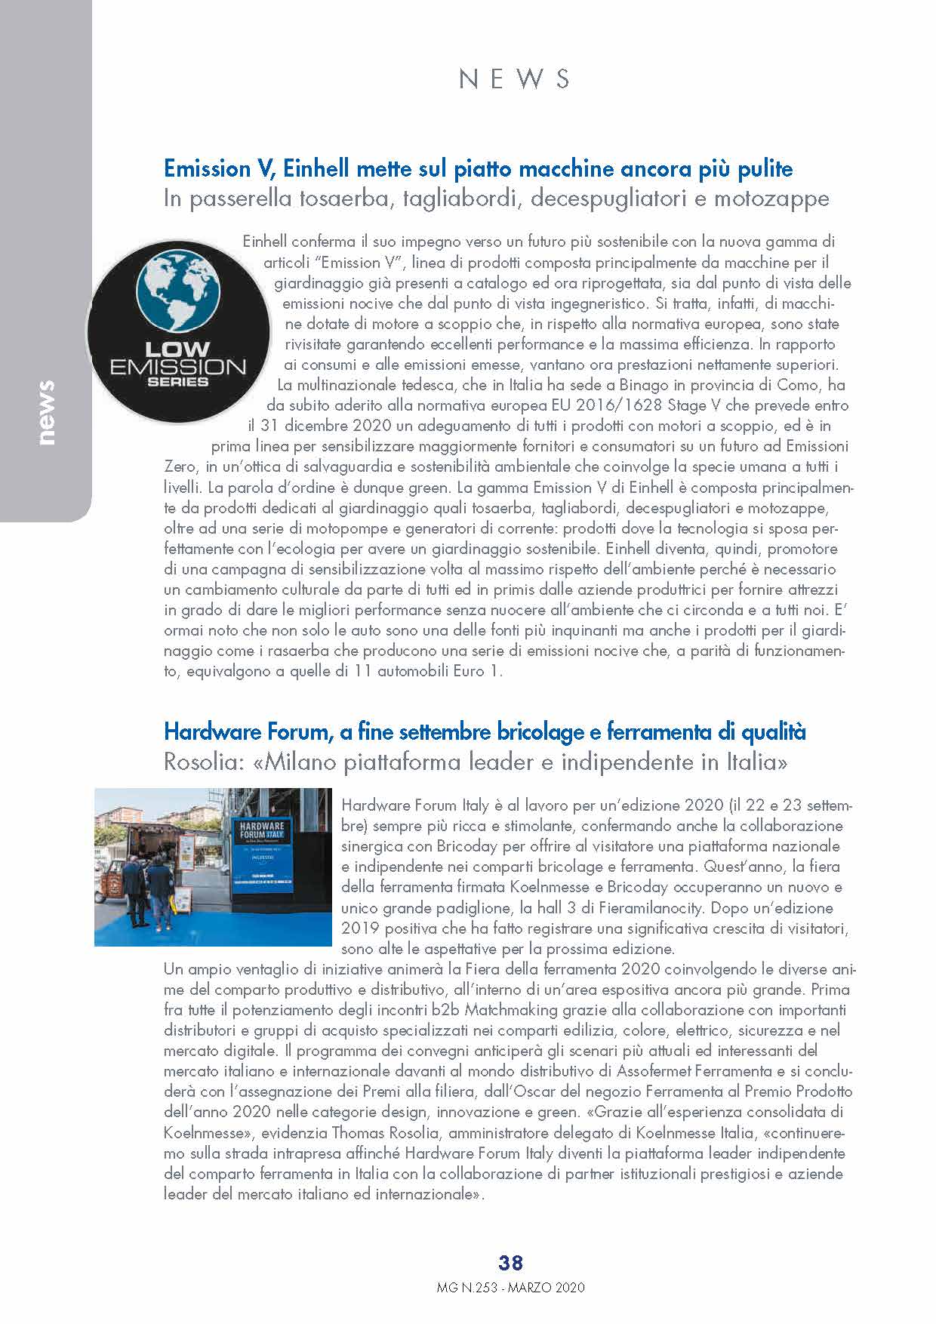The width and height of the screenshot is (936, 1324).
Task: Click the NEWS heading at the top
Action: [x=514, y=79]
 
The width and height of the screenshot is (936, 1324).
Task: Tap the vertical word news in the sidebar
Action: [x=46, y=412]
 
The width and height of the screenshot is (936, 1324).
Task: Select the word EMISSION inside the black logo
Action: [x=178, y=367]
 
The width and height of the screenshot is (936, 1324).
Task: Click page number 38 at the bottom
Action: [x=511, y=1262]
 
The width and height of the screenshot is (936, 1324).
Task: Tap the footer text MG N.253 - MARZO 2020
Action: [x=511, y=1288]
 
